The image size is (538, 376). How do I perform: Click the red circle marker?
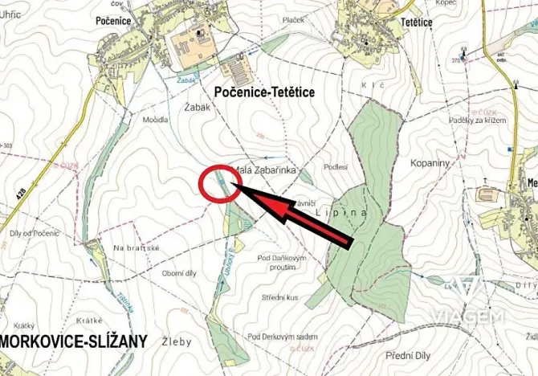tap(217, 183)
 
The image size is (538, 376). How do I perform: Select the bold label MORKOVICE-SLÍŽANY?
tap(74, 341)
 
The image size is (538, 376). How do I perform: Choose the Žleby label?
tap(179, 341)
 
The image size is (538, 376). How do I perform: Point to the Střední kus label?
tap(280, 297)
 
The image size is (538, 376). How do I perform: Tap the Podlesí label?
tap(335, 166)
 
